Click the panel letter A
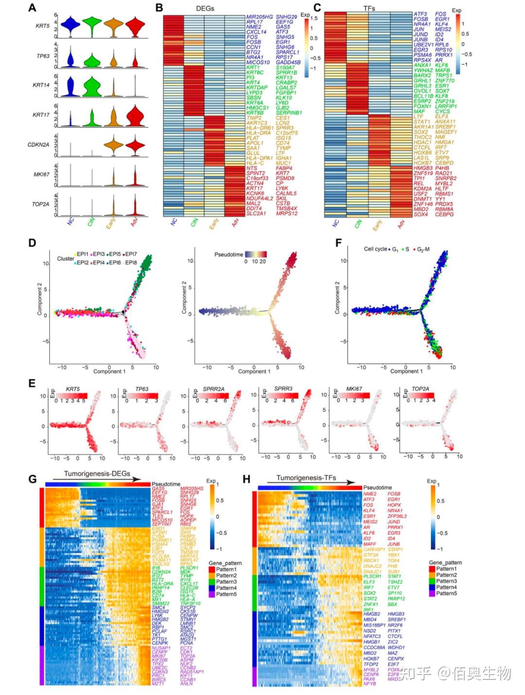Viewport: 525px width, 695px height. pos(32,8)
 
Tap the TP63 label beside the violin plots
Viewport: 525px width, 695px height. pos(43,56)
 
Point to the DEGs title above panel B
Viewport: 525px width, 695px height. pos(205,8)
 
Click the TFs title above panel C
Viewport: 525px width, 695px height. pos(369,8)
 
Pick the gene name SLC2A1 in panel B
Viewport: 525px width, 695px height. pos(256,214)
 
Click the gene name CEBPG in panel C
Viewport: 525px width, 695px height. pos(444,214)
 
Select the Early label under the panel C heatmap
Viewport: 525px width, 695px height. pos(378,225)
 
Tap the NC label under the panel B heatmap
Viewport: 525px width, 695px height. pos(174,223)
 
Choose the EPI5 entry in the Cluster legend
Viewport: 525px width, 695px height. pos(112,254)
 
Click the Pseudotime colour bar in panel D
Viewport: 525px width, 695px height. pos(256,254)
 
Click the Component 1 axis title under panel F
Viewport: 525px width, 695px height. pos(406,371)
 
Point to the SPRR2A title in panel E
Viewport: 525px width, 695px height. pos(213,390)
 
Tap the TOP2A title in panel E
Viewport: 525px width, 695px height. pos(420,389)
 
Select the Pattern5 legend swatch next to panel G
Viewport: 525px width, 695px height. pos(212,594)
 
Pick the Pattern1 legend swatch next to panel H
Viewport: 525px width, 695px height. pos(432,569)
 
